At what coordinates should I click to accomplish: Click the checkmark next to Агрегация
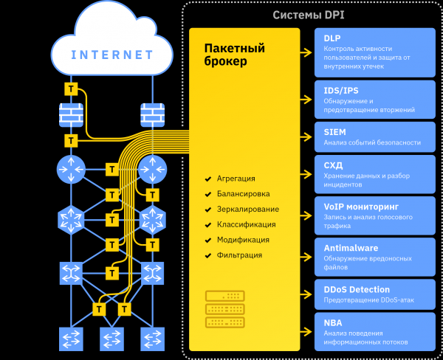(x=209, y=179)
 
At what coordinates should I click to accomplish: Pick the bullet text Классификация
(x=246, y=224)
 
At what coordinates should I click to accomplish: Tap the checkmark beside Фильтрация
(x=209, y=255)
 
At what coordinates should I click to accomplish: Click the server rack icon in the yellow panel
(x=225, y=308)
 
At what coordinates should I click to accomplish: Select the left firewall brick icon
(x=72, y=114)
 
